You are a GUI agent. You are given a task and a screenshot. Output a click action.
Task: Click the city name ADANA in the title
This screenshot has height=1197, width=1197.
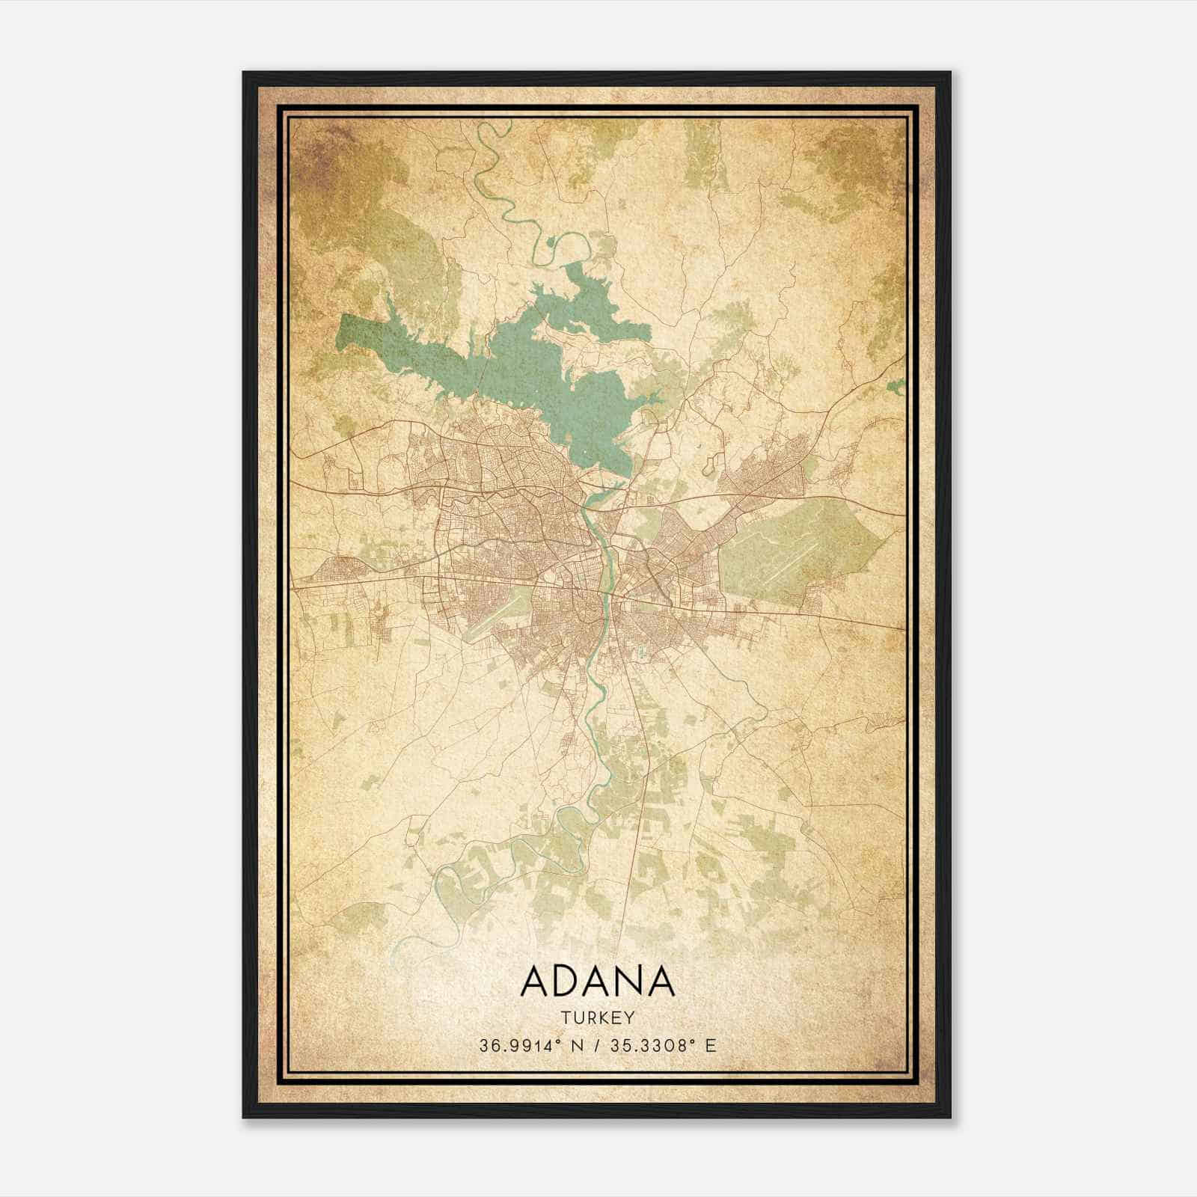point(597,982)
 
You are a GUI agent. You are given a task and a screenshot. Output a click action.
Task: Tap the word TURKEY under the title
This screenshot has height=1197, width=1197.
point(597,1017)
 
